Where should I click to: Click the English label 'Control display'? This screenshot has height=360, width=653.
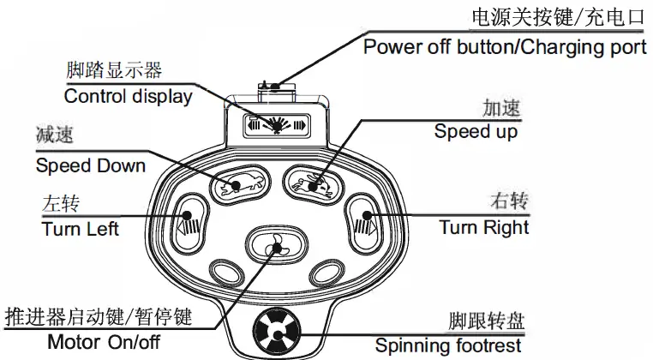[x=128, y=96]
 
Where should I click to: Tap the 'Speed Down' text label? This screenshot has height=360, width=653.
[x=90, y=165]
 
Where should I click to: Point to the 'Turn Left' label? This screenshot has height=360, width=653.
[x=80, y=229]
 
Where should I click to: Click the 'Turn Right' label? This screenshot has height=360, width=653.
[x=484, y=227]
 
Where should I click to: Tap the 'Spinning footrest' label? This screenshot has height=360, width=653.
[x=447, y=346]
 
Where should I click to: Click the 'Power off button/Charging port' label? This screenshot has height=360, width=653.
[x=505, y=46]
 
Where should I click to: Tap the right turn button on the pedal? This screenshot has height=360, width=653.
[x=363, y=221]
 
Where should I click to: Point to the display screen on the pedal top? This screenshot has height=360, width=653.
[x=275, y=124]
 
